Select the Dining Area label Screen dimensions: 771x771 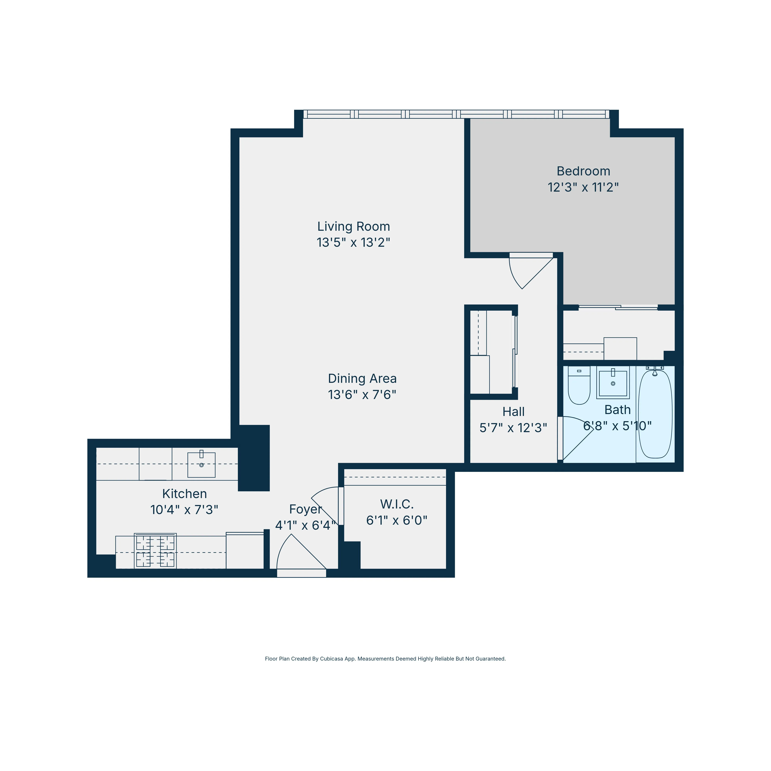[x=362, y=378]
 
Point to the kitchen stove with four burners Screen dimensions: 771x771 [x=155, y=551]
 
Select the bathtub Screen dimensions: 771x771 [x=655, y=414]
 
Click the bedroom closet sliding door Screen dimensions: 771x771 [x=618, y=308]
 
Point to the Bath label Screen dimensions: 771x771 [x=617, y=410]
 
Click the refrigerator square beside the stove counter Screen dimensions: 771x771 [x=245, y=551]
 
